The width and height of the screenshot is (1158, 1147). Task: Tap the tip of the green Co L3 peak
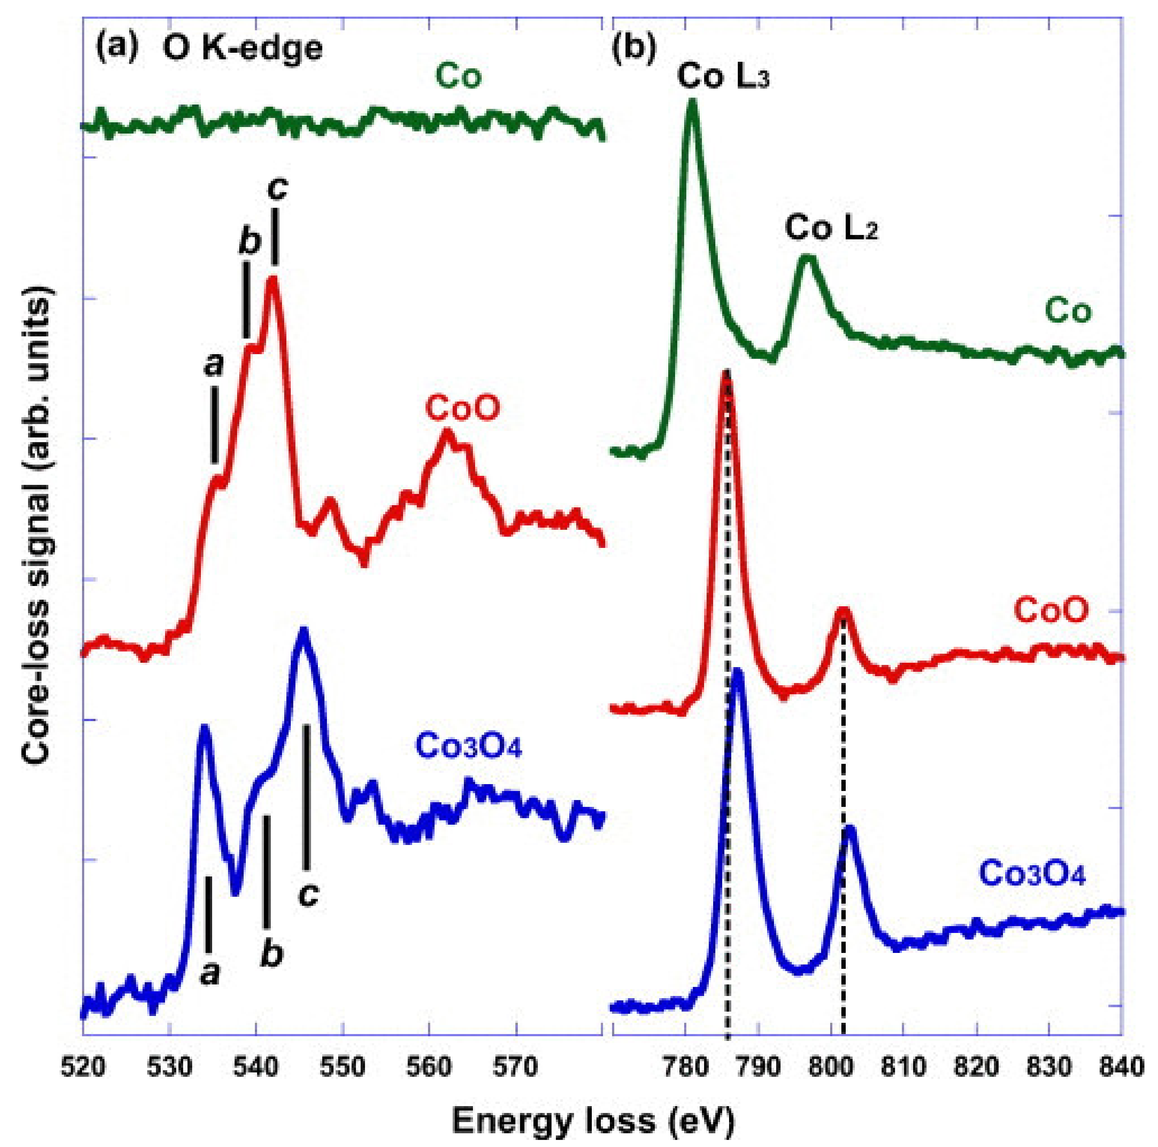coord(692,102)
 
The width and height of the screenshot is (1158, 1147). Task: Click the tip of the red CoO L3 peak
coord(727,373)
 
